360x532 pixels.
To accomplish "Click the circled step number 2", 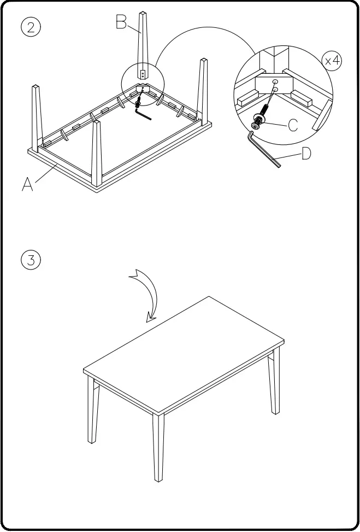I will point(30,27).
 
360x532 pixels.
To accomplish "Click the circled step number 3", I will point(30,260).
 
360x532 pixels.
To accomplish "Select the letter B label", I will point(122,21).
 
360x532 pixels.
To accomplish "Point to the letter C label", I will point(293,126).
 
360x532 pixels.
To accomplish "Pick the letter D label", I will point(306,154).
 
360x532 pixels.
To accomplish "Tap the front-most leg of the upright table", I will point(158,446).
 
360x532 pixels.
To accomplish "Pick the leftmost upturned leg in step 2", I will point(36,118).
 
